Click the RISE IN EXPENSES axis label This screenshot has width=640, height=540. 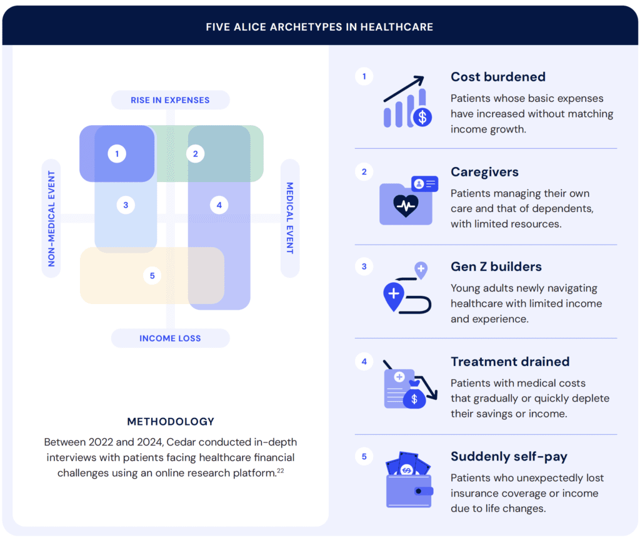point(170,100)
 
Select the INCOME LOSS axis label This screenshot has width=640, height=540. point(170,339)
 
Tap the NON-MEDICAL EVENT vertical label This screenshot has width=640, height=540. point(51,218)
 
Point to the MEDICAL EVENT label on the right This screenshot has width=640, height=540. point(290,218)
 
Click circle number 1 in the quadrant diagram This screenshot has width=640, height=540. point(117,153)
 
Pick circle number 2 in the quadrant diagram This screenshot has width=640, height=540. point(196,153)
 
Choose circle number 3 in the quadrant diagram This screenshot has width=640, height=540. point(126,205)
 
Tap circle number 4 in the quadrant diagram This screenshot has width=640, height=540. point(219,205)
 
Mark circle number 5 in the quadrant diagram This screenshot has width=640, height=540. point(152,275)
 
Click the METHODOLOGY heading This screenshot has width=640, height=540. point(171,422)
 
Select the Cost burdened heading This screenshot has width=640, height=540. point(498,77)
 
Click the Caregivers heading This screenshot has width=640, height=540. point(484,172)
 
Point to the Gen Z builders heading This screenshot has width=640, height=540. point(496,267)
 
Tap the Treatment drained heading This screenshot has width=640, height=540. point(510,362)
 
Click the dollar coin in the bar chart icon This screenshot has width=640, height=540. point(422,116)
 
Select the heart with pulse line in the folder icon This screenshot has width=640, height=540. point(406,205)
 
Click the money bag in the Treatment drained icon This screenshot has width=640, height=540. point(414,396)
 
